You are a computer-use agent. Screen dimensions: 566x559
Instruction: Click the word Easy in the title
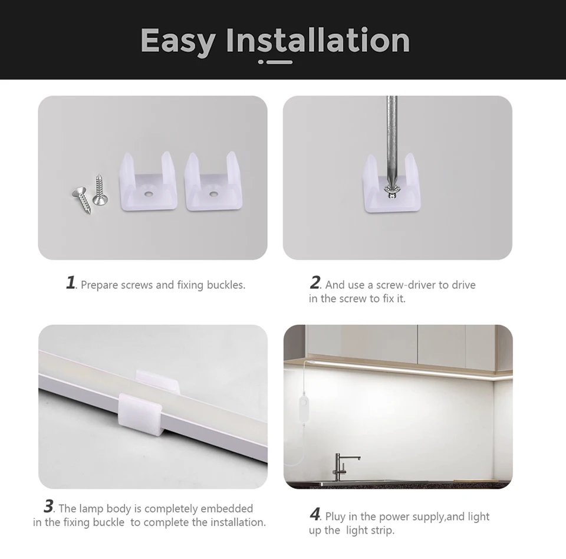(178, 41)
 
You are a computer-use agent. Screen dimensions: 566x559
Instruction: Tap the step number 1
(71, 282)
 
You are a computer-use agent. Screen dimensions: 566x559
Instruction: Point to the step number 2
(315, 282)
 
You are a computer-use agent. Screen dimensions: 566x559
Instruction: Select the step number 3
(48, 506)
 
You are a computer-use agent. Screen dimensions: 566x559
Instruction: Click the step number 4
(315, 514)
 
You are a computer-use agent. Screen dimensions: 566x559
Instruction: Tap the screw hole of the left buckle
(147, 194)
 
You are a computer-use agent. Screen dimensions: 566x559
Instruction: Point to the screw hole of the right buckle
(213, 194)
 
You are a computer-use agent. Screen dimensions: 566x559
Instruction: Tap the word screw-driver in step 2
(406, 285)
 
